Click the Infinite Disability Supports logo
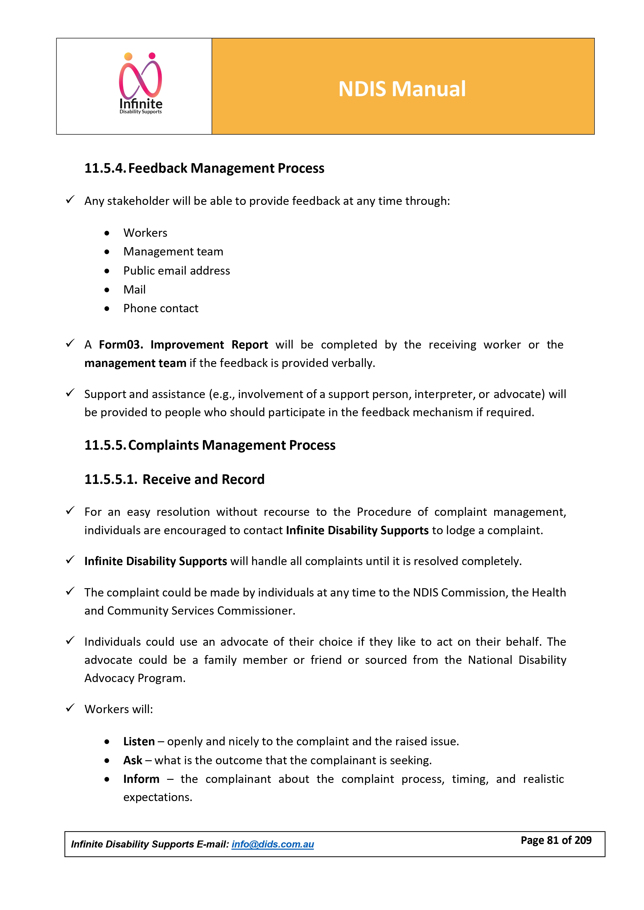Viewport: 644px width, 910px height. pyautogui.click(x=141, y=84)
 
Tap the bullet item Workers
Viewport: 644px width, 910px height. pyautogui.click(x=145, y=233)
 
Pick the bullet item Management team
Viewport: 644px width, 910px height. pyautogui.click(x=173, y=252)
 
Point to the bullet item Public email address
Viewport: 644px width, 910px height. pyautogui.click(x=176, y=271)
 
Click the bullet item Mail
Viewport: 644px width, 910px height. pyautogui.click(x=134, y=290)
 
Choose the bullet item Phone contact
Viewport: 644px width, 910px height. pyautogui.click(x=161, y=308)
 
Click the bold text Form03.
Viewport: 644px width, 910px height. pyautogui.click(x=121, y=345)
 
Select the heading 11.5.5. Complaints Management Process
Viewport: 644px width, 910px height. pyautogui.click(x=210, y=446)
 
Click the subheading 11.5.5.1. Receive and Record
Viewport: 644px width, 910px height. pyautogui.click(x=174, y=480)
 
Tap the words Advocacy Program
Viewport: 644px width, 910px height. pyautogui.click(x=135, y=678)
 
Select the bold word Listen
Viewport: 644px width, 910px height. pyautogui.click(x=139, y=741)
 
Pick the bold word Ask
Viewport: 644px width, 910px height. pyautogui.click(x=132, y=761)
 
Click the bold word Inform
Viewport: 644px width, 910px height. pyautogui.click(x=141, y=779)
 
